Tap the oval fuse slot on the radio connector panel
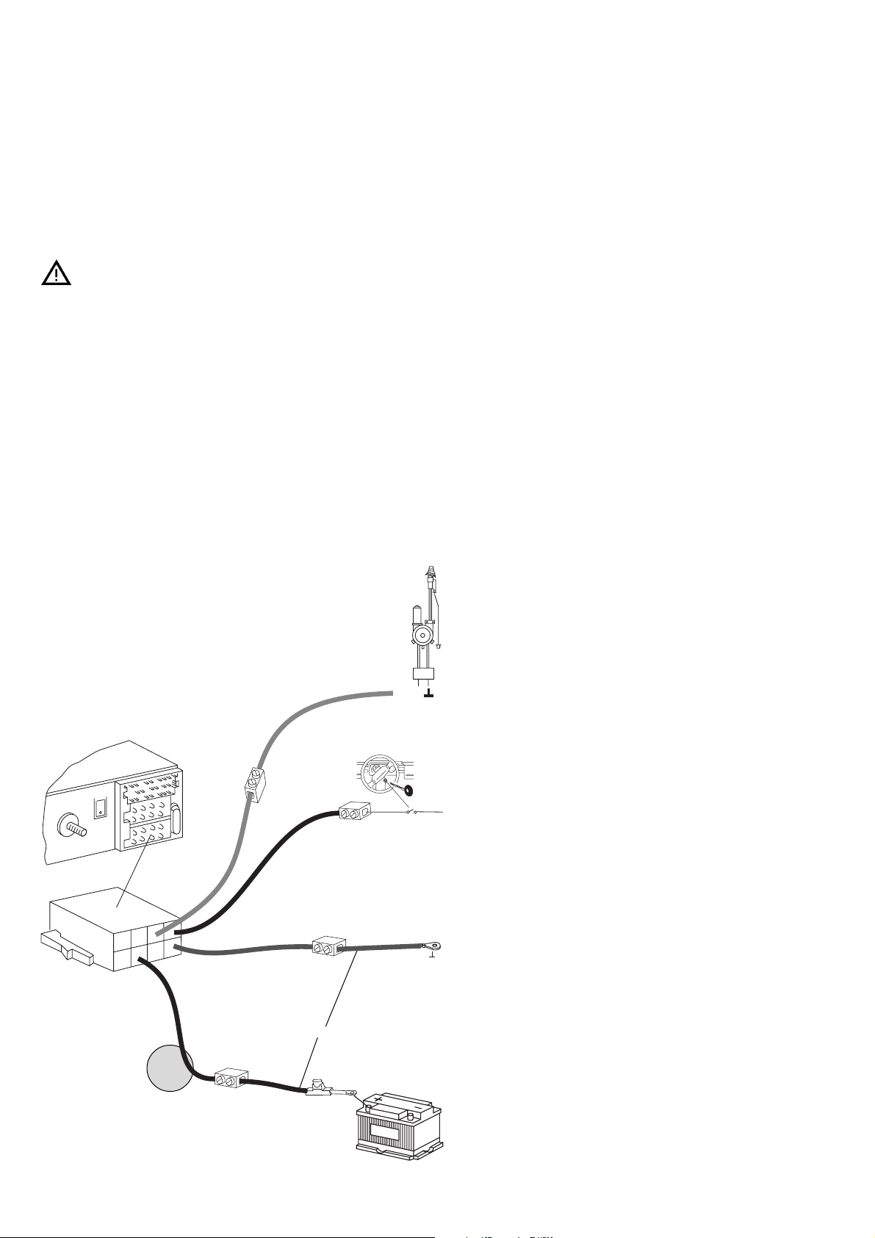(x=175, y=820)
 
